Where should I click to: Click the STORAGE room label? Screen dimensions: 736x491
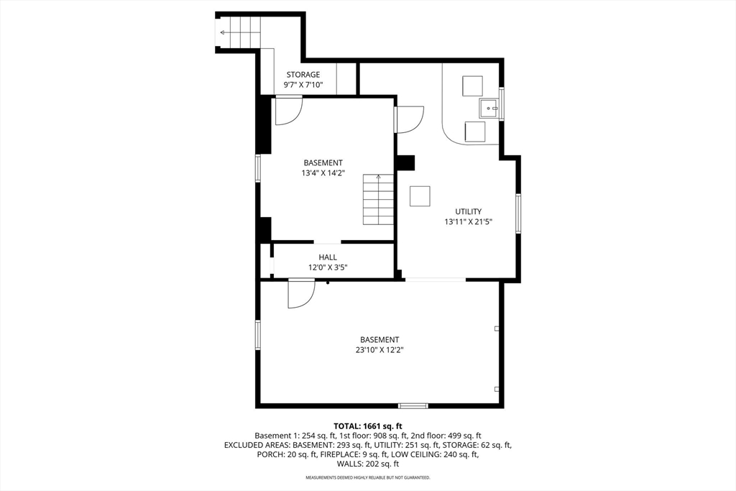303,75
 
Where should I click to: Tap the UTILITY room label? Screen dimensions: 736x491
469,211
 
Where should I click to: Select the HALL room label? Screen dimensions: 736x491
328,257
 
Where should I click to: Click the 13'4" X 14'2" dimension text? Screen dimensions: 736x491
323,173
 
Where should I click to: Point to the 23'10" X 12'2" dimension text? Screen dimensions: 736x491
379,349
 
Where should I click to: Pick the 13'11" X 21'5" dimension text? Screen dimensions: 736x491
469,222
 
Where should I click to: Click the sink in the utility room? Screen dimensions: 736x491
489,108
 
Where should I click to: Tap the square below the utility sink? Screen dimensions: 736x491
475,132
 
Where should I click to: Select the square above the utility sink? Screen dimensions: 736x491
472,86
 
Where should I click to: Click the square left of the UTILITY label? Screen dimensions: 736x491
420,196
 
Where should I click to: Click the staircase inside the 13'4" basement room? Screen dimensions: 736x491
378,200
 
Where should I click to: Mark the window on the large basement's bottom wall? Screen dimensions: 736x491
413,405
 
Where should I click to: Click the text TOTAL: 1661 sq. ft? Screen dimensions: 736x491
368,426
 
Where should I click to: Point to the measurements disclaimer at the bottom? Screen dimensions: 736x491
368,477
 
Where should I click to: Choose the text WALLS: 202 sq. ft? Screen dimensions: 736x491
368,464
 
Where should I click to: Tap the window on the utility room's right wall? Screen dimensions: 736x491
518,214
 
